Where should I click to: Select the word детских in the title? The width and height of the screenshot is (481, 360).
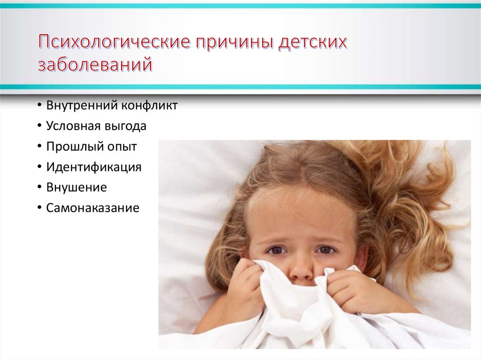click(x=313, y=42)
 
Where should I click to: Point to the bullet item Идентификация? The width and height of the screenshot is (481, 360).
click(x=93, y=167)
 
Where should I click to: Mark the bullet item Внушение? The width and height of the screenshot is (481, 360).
click(x=77, y=188)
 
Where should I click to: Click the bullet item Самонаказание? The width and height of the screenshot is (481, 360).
click(x=93, y=208)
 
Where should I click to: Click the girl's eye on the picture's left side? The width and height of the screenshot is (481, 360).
click(x=277, y=250)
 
